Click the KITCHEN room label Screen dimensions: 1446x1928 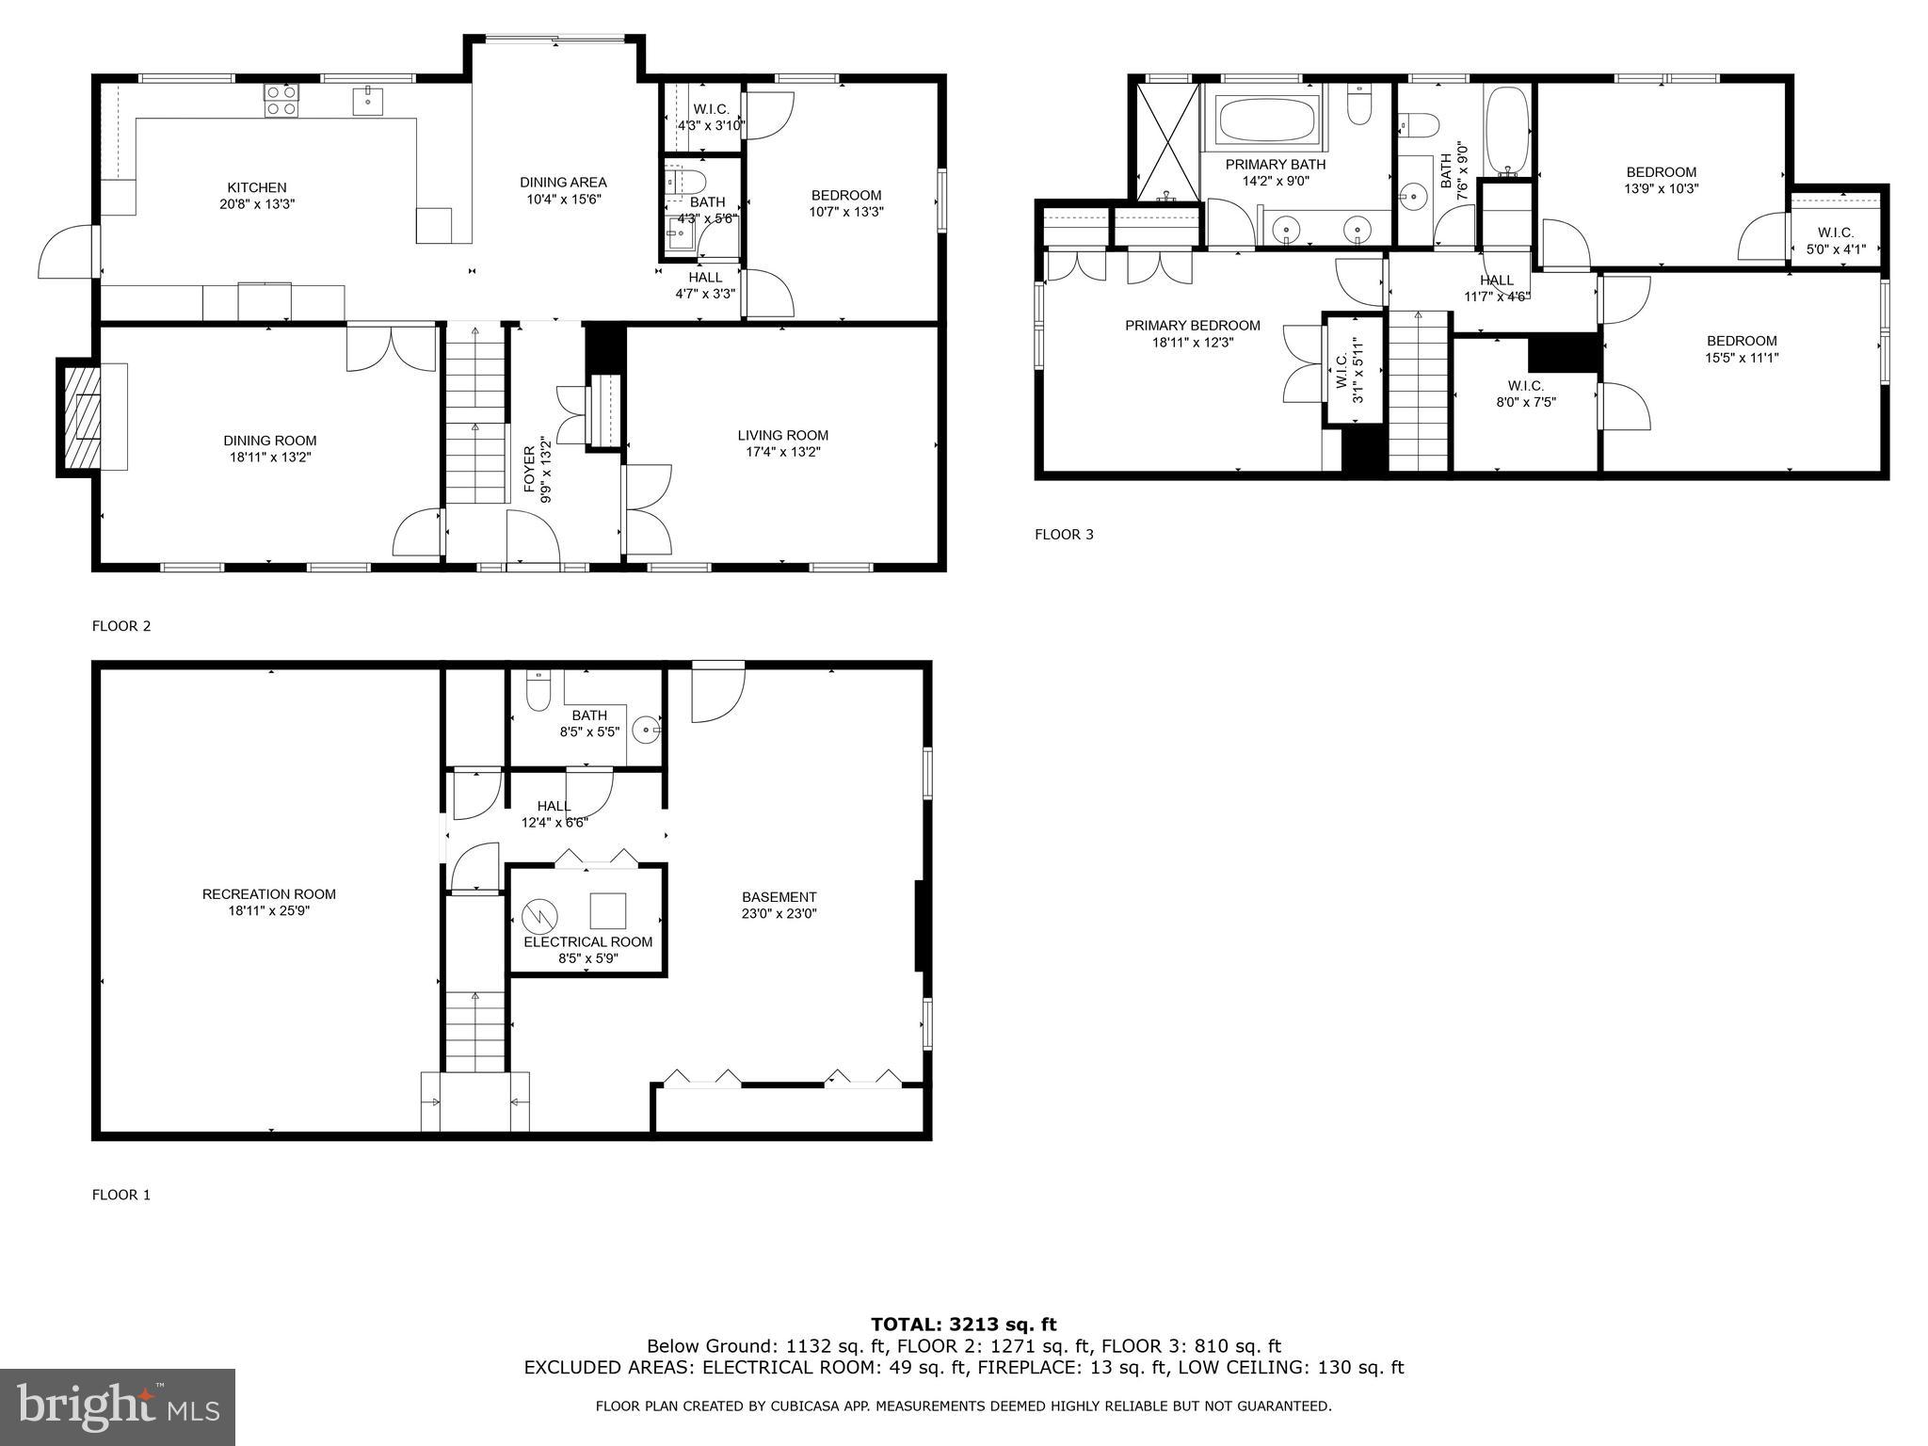click(x=256, y=187)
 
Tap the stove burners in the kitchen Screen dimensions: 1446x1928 click(x=281, y=100)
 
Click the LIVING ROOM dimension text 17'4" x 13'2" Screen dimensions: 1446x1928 click(x=782, y=452)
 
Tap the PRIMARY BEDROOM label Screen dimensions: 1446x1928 click(x=1192, y=326)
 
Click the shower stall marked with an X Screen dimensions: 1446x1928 click(x=1167, y=142)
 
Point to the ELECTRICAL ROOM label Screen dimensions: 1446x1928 click(x=587, y=942)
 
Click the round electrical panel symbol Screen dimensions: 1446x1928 click(x=540, y=915)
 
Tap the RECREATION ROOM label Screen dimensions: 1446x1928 click(x=268, y=894)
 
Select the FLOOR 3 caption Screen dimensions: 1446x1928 click(x=1064, y=535)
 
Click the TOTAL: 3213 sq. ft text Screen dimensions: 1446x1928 click(x=963, y=1325)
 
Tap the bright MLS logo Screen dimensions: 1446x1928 click(x=118, y=1406)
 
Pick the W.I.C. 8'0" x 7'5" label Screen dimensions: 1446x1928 click(x=1525, y=394)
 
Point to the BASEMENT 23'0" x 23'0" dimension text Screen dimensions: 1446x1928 click(x=779, y=913)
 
